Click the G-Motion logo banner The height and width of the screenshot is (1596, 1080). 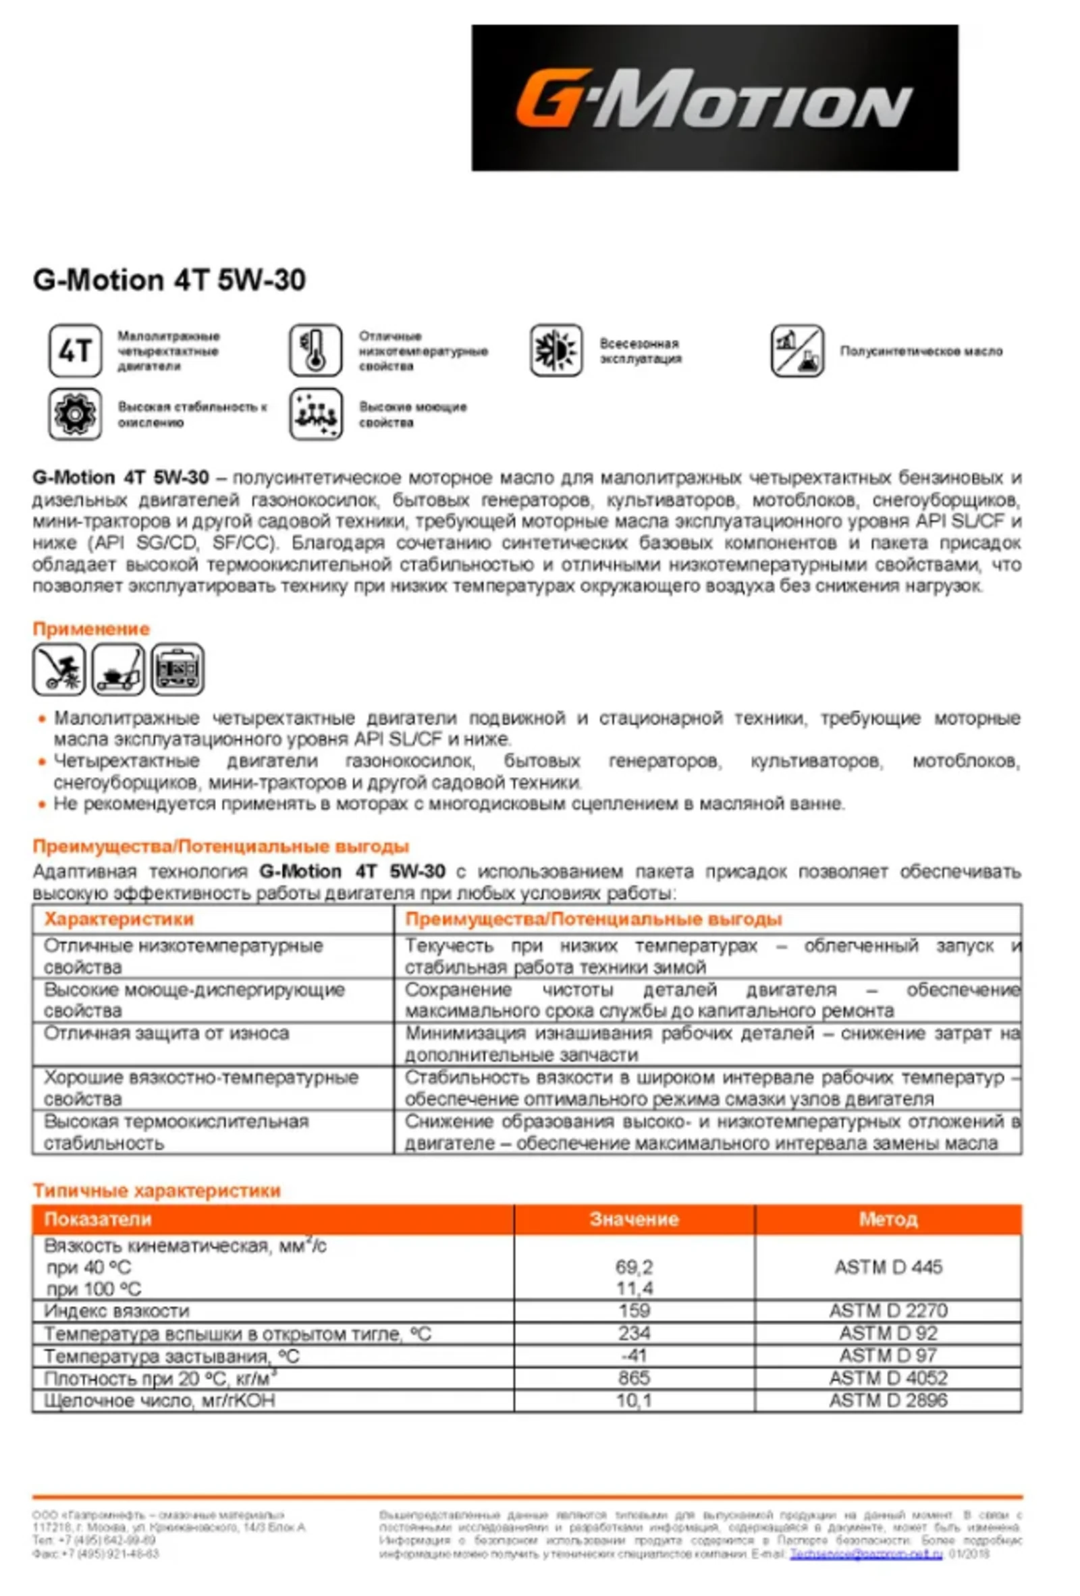point(714,98)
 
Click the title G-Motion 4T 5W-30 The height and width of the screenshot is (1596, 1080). point(169,280)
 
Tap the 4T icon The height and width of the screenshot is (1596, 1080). point(75,351)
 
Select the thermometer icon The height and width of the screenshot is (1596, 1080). point(315,351)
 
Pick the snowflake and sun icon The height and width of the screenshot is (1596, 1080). point(556,351)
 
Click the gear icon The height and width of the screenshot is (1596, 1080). point(75,414)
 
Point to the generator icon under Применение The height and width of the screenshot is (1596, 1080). point(178,669)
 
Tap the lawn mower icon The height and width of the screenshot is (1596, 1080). point(118,669)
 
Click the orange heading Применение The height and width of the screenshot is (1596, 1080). point(90,629)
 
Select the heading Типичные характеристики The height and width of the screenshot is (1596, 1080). point(157,1190)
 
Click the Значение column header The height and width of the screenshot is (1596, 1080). point(633,1219)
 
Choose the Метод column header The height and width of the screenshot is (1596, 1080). point(888,1219)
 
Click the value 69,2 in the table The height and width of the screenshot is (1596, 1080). point(633,1266)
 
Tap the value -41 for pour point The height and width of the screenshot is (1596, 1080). point(633,1355)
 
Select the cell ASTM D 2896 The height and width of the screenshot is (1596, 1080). point(888,1400)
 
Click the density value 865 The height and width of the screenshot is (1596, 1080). point(633,1377)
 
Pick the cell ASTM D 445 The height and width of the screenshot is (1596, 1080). point(888,1266)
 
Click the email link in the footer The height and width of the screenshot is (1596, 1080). point(865,1554)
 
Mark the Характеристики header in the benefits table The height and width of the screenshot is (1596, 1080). point(119,919)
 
